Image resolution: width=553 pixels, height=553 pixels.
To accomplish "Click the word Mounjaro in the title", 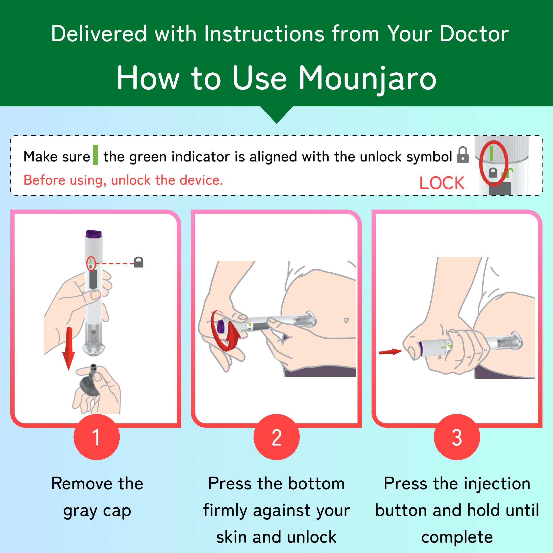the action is tap(367, 78).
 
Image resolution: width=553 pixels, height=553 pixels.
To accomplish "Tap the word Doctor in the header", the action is tap(474, 34).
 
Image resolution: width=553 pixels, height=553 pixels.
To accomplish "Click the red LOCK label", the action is tap(442, 183).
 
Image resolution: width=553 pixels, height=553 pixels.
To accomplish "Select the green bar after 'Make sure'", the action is tap(96, 155).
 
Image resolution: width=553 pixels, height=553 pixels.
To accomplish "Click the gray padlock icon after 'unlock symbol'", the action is tap(463, 155).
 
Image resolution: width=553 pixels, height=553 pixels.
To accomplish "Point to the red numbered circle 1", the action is tap(97, 437).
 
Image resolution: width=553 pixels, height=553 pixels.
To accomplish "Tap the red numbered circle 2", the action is tap(276, 437).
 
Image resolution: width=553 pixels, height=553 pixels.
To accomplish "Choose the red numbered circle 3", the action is tap(457, 437).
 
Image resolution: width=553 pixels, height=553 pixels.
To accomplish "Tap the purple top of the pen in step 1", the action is tap(94, 234).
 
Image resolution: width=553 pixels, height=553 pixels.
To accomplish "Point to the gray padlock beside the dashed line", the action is tap(139, 262).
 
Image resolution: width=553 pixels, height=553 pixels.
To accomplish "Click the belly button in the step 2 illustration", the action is tap(347, 320).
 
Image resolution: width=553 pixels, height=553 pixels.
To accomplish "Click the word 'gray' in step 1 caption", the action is tap(80, 511).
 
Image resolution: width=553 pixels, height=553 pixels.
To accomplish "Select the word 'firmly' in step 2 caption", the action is tap(225, 511).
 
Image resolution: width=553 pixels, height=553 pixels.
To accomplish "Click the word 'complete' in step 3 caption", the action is tap(457, 537).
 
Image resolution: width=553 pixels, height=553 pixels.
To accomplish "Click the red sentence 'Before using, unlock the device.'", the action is tap(123, 180).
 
